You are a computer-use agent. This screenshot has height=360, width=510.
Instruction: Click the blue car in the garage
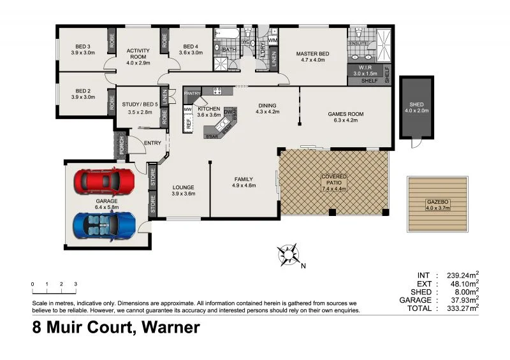tap(105, 224)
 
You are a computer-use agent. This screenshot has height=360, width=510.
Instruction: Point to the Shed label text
tap(417, 104)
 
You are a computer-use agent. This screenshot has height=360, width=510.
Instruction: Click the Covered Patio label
tap(334, 180)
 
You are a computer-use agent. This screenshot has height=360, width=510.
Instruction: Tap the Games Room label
tap(346, 115)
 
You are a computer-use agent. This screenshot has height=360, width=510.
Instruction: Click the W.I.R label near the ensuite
tap(365, 67)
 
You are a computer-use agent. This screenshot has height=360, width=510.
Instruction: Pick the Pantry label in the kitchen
tap(193, 94)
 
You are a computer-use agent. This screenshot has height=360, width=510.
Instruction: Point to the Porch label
tap(119, 147)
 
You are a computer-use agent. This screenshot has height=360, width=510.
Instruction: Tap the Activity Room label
tap(138, 54)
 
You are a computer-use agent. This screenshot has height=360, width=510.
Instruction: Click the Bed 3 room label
tap(83, 47)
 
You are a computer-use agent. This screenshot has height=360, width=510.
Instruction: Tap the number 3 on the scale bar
tap(76, 284)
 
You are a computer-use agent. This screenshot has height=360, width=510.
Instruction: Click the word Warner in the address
tap(169, 328)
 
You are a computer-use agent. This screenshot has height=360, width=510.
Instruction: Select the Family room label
tap(244, 179)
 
